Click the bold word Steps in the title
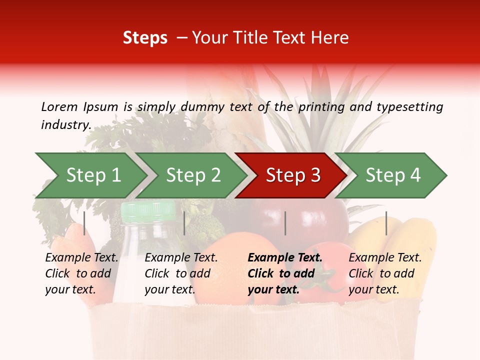(x=145, y=38)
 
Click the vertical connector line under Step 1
(x=84, y=223)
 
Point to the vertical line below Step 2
(x=184, y=223)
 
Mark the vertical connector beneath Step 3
(x=285, y=223)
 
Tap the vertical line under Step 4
(x=386, y=223)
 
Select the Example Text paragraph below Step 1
(x=81, y=273)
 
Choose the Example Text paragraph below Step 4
(x=385, y=273)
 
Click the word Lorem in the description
(x=59, y=107)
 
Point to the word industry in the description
(x=65, y=125)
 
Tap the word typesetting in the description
(x=409, y=107)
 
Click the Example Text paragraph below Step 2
(x=181, y=273)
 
